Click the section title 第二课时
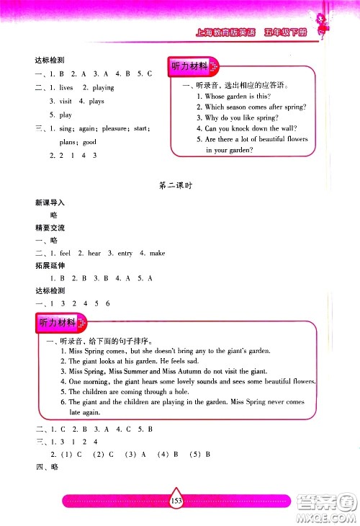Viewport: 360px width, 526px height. [177, 185]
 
